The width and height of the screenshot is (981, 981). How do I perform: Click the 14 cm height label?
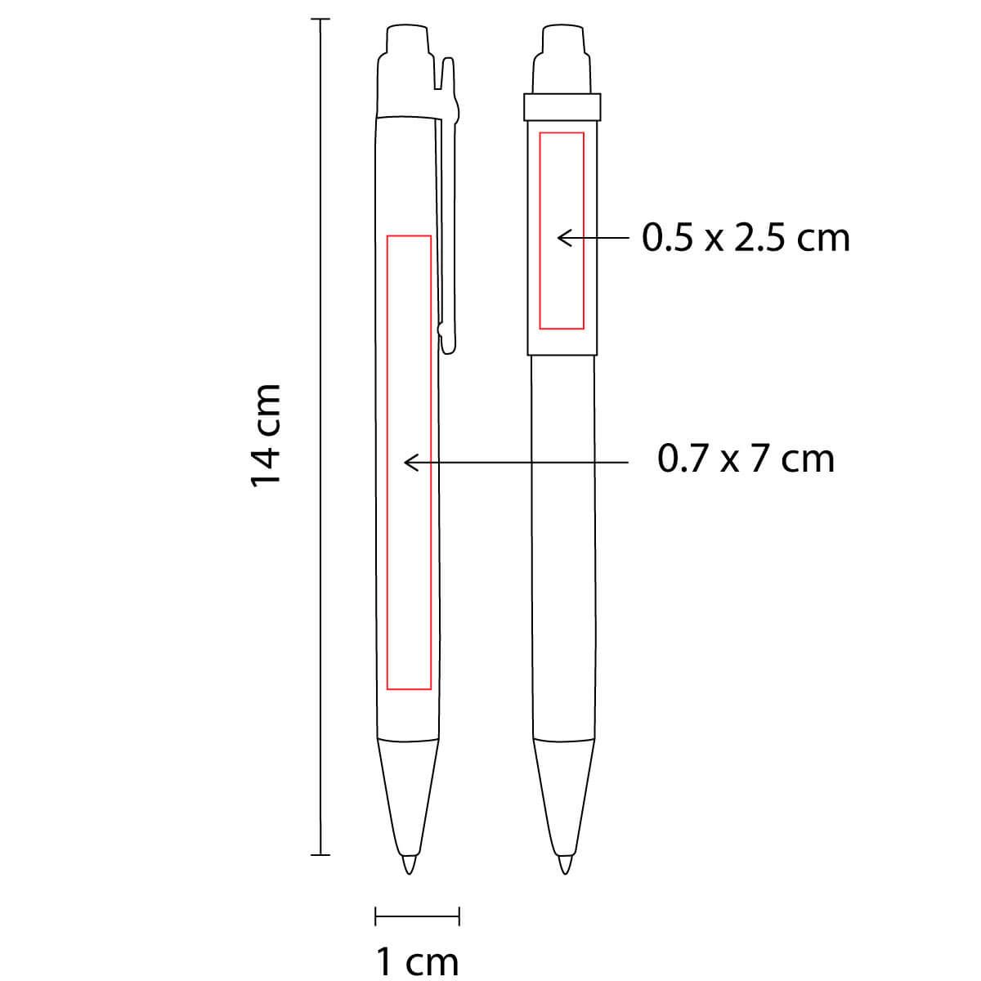coord(265,437)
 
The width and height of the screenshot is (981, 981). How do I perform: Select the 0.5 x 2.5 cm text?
coord(746,238)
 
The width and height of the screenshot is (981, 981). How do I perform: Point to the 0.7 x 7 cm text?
coord(746,459)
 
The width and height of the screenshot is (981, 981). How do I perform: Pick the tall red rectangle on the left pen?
coord(387,462)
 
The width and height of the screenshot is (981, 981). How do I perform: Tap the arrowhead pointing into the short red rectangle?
coord(565,238)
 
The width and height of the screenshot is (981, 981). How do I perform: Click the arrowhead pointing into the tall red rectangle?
coord(411,462)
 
